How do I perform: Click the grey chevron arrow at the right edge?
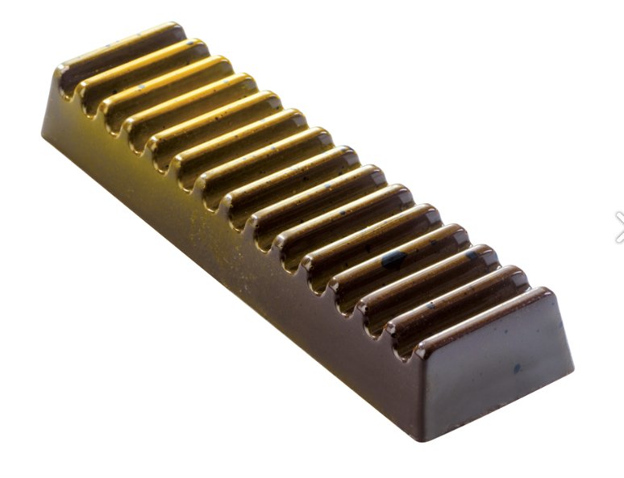pyautogui.click(x=618, y=227)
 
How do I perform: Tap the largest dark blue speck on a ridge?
pyautogui.click(x=393, y=258)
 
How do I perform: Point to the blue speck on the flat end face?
pyautogui.click(x=516, y=368)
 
